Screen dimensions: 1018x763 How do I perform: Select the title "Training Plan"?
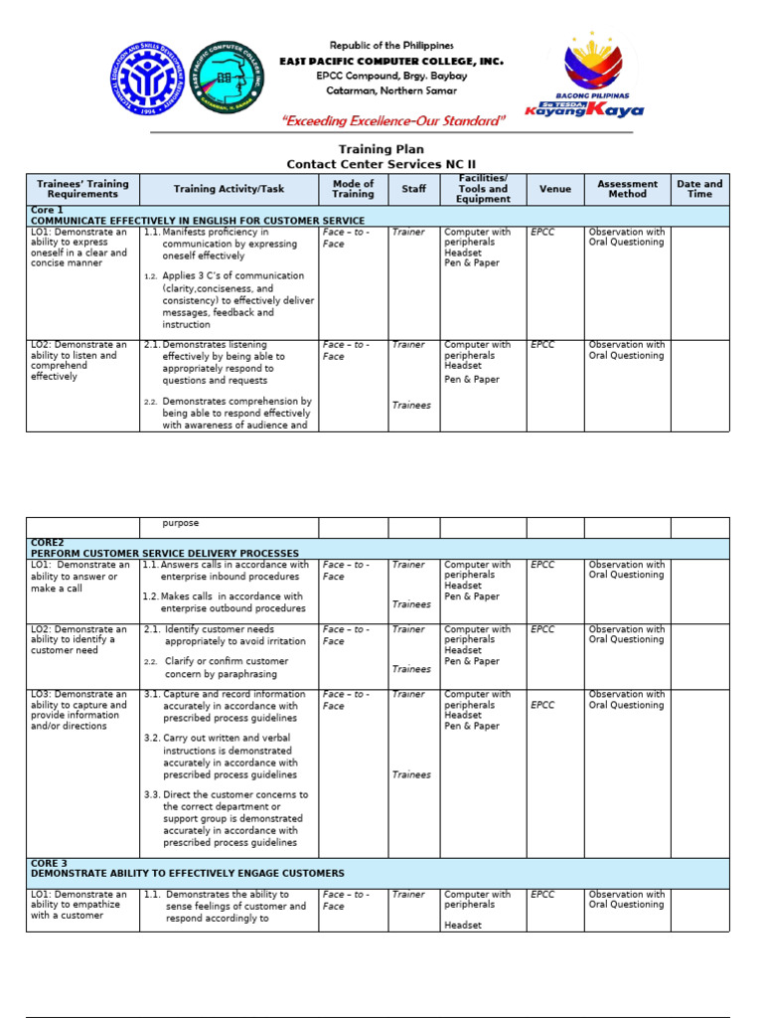coord(381,150)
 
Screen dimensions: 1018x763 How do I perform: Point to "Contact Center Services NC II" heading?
coord(381,164)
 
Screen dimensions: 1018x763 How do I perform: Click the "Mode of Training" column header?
coord(353,189)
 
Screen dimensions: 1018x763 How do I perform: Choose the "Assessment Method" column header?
coord(627,189)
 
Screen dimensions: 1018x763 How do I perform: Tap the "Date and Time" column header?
coord(699,189)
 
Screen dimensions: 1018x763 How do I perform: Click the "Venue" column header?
coord(555,189)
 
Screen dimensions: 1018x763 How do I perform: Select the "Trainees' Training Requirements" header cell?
coord(82,189)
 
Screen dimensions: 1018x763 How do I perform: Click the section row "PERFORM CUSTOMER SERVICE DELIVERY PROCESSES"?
coord(164,553)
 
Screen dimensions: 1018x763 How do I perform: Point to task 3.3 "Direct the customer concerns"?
coord(235,818)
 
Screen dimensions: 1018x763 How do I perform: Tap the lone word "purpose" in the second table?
coord(181,523)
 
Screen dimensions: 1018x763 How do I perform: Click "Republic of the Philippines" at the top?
coord(391,46)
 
